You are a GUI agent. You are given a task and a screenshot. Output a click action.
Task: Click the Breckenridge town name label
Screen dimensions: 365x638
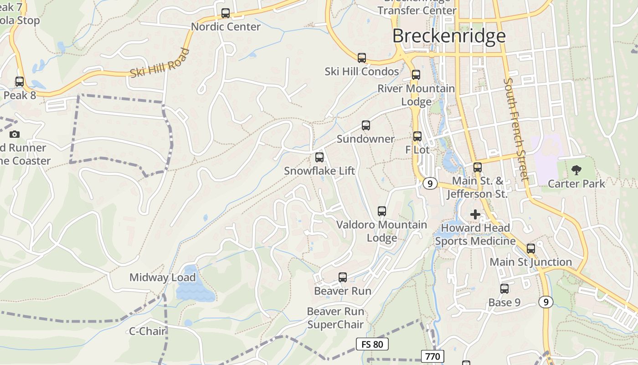point(449,36)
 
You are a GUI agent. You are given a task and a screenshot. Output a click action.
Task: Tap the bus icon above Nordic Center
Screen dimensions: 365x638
point(226,13)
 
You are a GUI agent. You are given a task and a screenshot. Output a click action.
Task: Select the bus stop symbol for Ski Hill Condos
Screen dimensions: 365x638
point(362,58)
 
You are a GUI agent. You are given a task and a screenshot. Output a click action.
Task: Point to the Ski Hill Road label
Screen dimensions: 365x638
point(160,63)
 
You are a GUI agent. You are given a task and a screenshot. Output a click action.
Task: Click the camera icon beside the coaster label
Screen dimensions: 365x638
point(15,134)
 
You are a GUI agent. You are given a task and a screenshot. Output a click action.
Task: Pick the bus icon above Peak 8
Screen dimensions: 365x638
point(20,82)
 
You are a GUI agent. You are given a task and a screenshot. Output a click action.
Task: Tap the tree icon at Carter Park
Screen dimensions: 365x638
point(576,170)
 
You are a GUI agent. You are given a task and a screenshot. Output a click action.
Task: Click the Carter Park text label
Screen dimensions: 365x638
point(576,184)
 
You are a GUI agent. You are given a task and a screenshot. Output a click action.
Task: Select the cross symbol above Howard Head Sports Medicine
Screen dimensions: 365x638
point(475,214)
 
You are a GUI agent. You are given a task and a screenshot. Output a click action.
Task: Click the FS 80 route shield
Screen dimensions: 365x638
point(372,344)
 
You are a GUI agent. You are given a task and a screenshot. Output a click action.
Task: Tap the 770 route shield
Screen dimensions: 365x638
point(432,356)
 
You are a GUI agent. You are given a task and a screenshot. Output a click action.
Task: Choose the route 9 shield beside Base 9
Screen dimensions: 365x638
point(545,302)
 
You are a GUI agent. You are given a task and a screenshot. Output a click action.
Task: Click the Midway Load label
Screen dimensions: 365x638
point(163,277)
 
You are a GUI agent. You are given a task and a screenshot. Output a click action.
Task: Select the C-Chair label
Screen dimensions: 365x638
point(147,331)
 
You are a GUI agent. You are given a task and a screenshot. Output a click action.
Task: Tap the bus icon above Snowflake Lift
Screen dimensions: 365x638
point(319,157)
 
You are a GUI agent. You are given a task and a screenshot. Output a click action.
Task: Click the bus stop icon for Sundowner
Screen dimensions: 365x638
point(365,125)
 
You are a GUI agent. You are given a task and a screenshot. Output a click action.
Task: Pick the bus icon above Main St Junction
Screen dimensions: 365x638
point(531,249)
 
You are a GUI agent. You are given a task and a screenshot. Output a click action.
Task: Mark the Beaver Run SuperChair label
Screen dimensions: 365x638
point(335,318)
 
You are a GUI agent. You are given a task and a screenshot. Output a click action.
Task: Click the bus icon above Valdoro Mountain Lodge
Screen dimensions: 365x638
point(382,211)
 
